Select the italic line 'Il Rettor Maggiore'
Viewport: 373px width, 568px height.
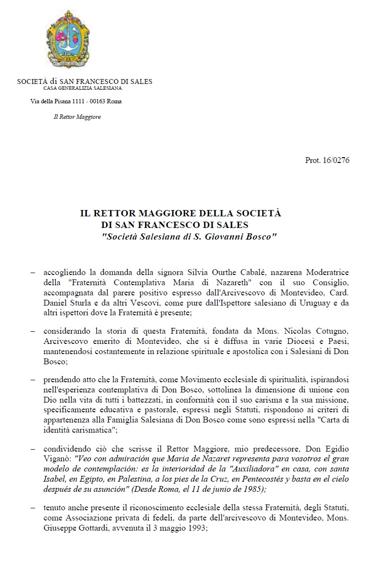pyautogui.click(x=77, y=117)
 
